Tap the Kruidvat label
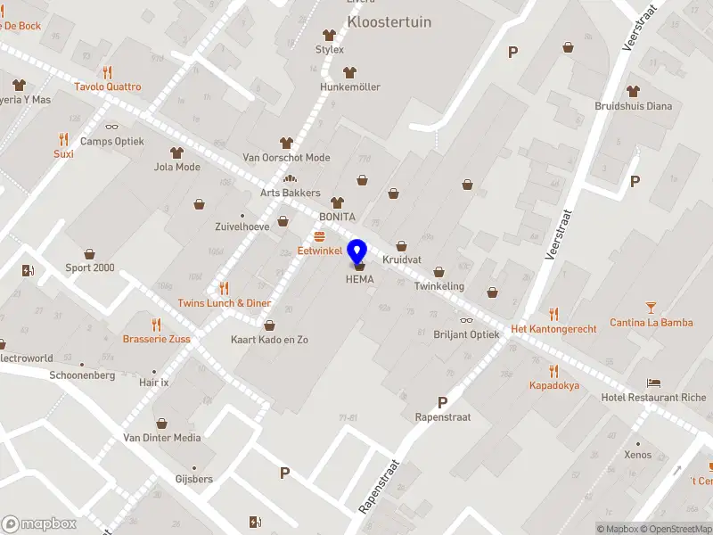(x=401, y=259)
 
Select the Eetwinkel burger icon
(x=319, y=235)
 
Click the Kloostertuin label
(x=389, y=21)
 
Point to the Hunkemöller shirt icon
(x=350, y=71)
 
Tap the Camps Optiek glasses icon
(x=111, y=126)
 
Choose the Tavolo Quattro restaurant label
(x=108, y=86)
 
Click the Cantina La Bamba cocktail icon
(x=652, y=306)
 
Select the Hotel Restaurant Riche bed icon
(x=655, y=382)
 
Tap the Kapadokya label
(x=553, y=385)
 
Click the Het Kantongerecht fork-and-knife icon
(x=553, y=314)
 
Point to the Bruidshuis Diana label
(x=633, y=106)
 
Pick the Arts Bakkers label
(x=290, y=193)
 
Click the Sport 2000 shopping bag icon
(x=89, y=254)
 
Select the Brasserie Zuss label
(x=156, y=340)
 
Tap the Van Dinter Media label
(x=161, y=438)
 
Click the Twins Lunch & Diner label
(x=224, y=303)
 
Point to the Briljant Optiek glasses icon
(x=466, y=320)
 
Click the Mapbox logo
(x=38, y=524)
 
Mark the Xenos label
(x=637, y=455)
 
